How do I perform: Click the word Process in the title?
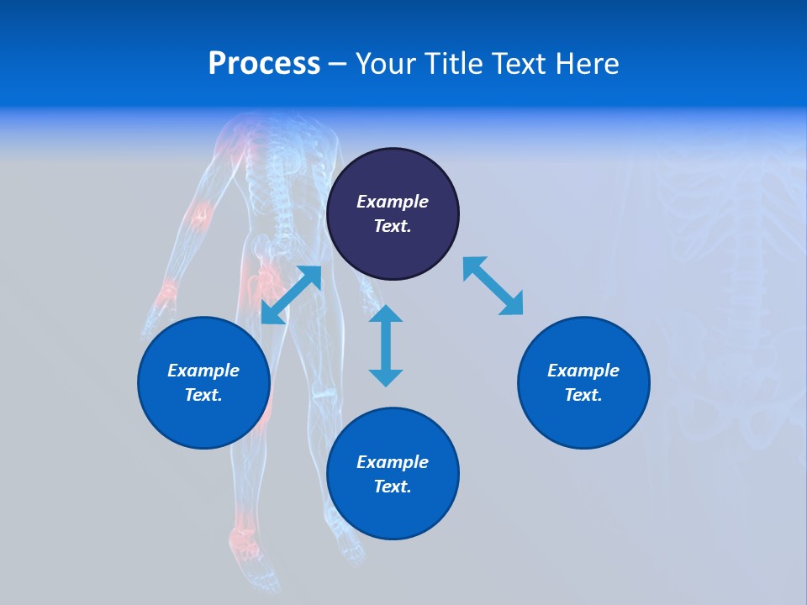coord(264,63)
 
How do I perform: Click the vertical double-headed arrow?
coord(386,345)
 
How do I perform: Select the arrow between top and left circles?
coord(291,295)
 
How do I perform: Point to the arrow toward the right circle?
coord(493,287)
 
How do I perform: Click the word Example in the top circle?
coord(392,202)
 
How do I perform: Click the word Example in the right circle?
coord(583,371)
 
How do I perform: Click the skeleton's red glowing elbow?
coord(199,215)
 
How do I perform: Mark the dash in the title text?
coord(337,64)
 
